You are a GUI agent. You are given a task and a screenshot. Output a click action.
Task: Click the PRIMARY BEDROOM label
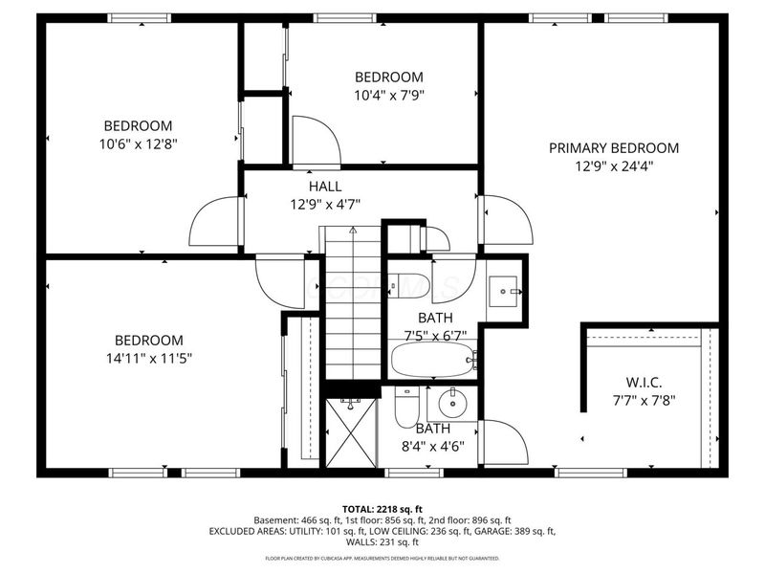point(613,148)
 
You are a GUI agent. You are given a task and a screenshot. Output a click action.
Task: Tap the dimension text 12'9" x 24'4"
point(613,166)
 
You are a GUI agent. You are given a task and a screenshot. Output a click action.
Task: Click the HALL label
point(324,186)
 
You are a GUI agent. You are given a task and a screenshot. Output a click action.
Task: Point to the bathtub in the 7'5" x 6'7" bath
point(432,361)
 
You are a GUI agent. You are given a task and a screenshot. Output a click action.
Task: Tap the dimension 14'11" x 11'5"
point(148,358)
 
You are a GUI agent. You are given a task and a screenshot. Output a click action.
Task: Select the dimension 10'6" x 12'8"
point(139,143)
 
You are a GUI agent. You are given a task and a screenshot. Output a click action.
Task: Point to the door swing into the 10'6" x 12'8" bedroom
point(214,222)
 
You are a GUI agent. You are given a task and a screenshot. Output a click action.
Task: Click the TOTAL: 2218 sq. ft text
point(382,508)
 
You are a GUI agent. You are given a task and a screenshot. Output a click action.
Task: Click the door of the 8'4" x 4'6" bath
point(505,442)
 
